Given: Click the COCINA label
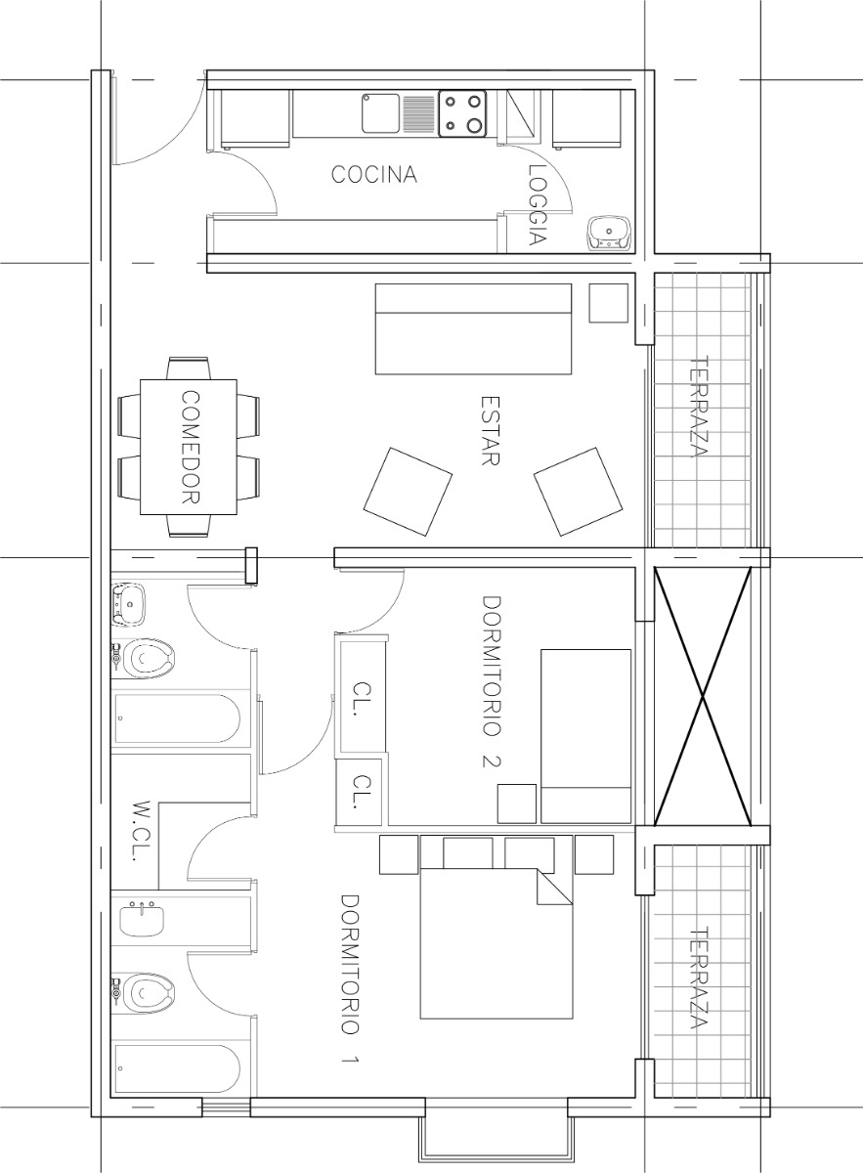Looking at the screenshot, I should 373,175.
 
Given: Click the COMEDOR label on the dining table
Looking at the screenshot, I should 191,447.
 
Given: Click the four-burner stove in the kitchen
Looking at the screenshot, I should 463,111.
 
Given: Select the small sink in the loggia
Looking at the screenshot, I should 610,233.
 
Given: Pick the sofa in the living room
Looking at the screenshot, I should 474,329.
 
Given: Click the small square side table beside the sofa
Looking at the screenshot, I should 609,303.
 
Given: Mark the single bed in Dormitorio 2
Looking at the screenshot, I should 585,735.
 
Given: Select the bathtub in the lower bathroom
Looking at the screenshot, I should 176,1070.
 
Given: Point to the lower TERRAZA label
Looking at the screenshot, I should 698,978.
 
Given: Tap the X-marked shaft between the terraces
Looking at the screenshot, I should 702,696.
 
